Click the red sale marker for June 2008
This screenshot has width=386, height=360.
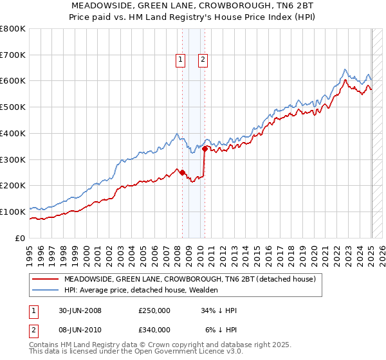pyautogui.click(x=182, y=172)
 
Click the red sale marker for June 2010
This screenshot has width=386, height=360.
pyautogui.click(x=205, y=148)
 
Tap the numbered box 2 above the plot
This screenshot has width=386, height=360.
pyautogui.click(x=203, y=60)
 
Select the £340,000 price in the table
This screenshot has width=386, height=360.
pyautogui.click(x=154, y=330)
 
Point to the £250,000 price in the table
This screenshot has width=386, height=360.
pyautogui.click(x=154, y=310)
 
